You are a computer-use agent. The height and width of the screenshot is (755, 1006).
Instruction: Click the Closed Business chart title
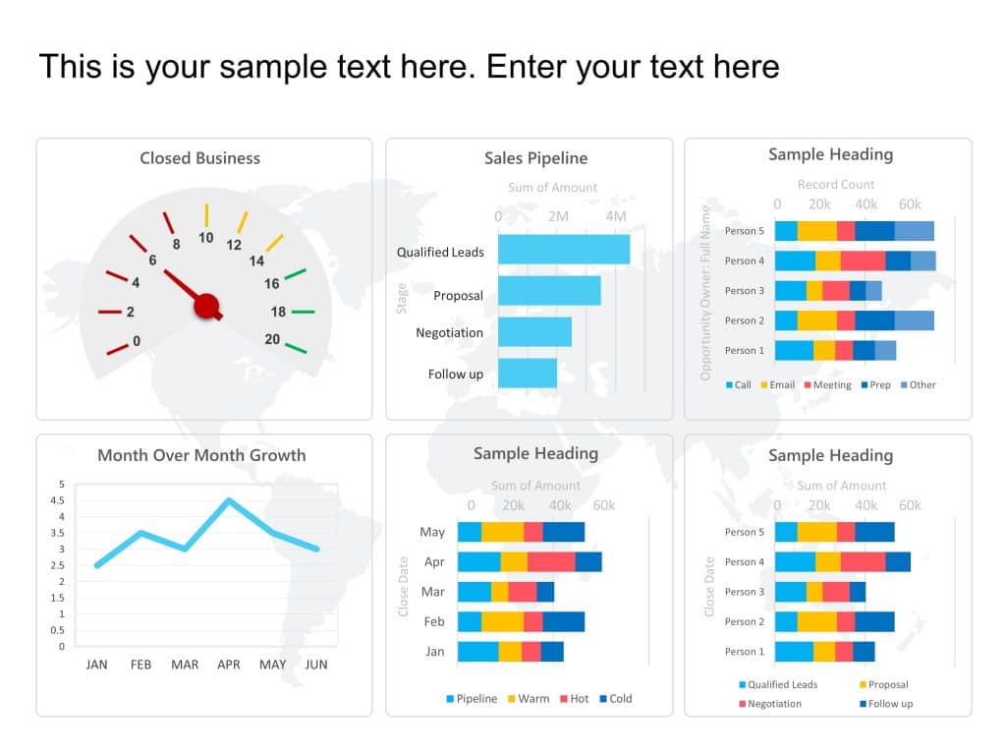pos(199,158)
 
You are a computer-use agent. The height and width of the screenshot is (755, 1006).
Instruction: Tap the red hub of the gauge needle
pos(206,306)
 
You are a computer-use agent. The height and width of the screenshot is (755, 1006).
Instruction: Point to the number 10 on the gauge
pos(206,238)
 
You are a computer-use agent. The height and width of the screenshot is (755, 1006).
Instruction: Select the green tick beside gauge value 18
pos(303,312)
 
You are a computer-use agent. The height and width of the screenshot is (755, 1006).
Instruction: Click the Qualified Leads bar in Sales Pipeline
pos(563,250)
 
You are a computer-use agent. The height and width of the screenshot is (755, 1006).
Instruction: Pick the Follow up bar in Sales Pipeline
pos(527,374)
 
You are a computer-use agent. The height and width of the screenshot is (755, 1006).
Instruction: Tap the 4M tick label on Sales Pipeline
pos(616,216)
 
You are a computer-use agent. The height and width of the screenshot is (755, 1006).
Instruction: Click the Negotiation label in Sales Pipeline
pos(449,333)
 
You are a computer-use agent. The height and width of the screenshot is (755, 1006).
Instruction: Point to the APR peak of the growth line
pos(229,500)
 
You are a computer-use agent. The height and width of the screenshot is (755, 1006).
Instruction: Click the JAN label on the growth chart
pos(96,665)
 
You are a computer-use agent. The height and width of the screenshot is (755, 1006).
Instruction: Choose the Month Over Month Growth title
pos(201,455)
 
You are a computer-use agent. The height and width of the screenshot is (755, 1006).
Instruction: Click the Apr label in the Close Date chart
pos(433,562)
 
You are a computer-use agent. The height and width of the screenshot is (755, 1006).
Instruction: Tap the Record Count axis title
pos(835,185)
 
